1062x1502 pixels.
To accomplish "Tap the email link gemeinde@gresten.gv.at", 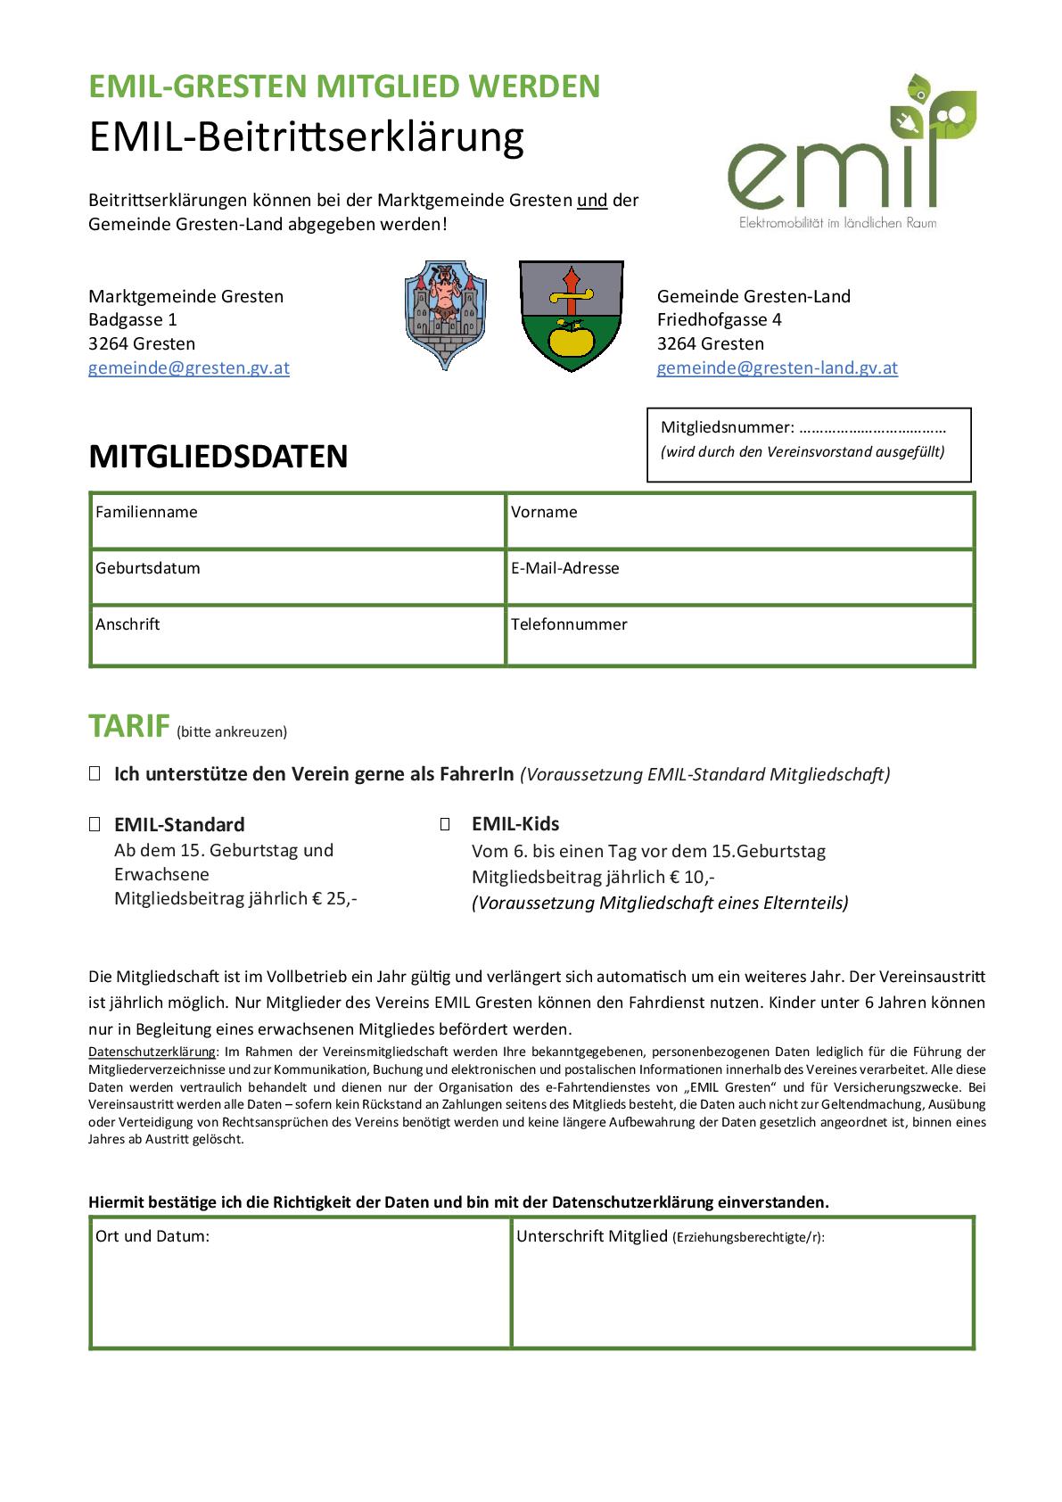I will [x=188, y=367].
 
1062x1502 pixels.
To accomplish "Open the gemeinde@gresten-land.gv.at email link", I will [x=777, y=367].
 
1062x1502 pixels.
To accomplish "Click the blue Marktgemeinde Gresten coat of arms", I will [x=445, y=314].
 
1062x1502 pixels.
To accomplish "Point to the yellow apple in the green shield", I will [x=570, y=340].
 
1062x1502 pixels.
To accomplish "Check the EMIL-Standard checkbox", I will [x=95, y=825].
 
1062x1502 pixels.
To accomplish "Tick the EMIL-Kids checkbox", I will [x=445, y=824].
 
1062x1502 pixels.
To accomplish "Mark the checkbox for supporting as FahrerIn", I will [x=95, y=774].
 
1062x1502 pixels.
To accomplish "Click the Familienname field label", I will [x=146, y=512].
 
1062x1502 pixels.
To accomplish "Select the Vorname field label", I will [x=544, y=512].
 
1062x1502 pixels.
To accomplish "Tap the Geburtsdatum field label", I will [x=148, y=568].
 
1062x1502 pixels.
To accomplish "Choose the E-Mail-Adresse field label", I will [x=564, y=568].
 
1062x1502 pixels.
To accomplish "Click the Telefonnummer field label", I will [x=569, y=624].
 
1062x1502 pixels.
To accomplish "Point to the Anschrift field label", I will [x=128, y=624].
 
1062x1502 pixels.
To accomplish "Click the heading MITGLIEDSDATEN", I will [x=218, y=456].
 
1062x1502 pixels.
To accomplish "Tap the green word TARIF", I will [x=128, y=726].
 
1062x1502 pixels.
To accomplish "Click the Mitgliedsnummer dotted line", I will [x=872, y=428].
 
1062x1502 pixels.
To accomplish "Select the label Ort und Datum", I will [x=152, y=1236].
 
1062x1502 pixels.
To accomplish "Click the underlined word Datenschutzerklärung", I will [x=152, y=1052].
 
